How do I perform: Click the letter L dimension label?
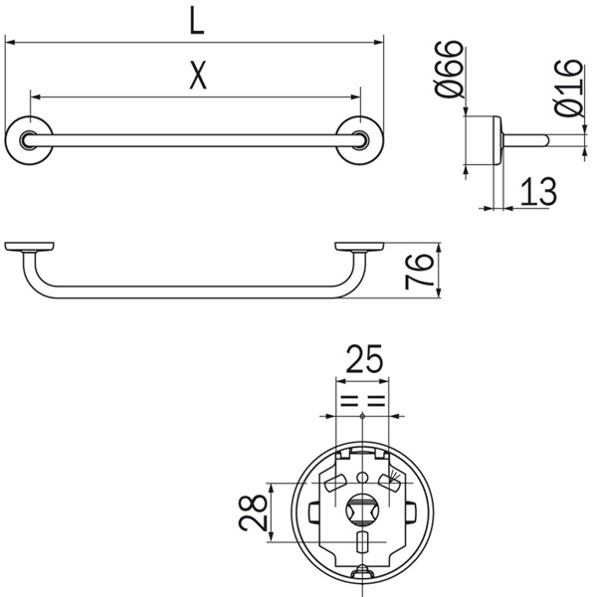(197, 23)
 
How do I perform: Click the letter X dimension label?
(198, 75)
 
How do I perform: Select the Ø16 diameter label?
(569, 88)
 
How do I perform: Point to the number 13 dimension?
(538, 191)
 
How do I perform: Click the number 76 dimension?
(419, 271)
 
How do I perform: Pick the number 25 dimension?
(363, 358)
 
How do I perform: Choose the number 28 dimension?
(253, 512)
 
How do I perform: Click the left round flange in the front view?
(29, 140)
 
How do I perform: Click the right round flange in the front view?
(360, 140)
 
